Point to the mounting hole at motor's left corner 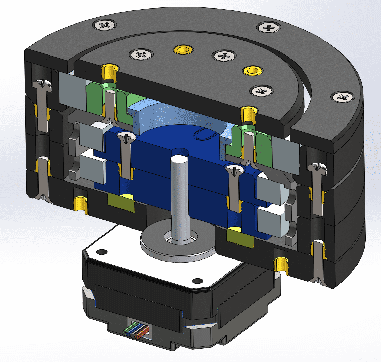(100, 252)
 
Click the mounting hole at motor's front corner (196, 281)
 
